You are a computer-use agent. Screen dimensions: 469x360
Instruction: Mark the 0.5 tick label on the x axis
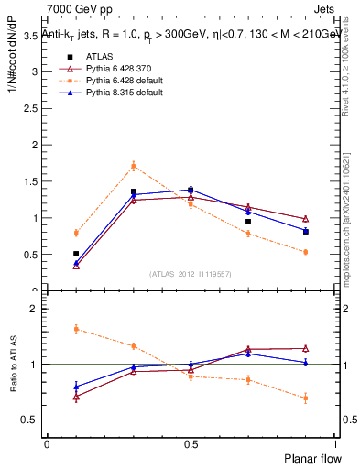coord(191,442)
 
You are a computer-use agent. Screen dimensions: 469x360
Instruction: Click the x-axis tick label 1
coord(335,442)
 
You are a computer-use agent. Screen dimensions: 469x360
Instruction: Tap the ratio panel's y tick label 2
coord(35,310)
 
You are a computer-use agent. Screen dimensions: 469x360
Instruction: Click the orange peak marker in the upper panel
coord(134,166)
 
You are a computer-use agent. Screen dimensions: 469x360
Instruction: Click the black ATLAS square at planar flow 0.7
coord(248,222)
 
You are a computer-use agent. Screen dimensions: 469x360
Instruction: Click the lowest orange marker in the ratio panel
coord(305,398)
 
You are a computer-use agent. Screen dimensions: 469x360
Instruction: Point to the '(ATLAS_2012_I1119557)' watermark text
coord(191,274)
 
